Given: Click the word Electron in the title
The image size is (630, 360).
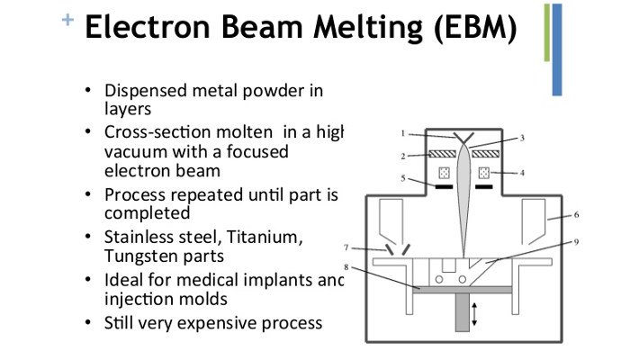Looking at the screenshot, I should [149, 30].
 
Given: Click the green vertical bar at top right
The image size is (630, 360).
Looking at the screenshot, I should [546, 32].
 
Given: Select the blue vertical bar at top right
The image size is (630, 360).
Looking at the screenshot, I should [557, 49].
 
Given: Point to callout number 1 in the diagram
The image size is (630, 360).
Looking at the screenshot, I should [404, 133].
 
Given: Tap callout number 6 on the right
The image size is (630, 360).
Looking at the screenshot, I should [576, 215].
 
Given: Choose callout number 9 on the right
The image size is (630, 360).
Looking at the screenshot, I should [576, 241].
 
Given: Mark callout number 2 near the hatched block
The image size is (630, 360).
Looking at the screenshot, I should [404, 156].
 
